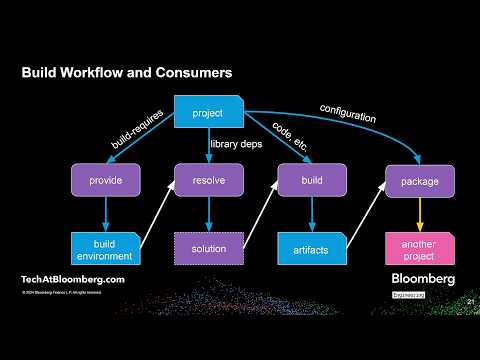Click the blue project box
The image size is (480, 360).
[x=208, y=113]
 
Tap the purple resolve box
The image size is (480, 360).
[x=208, y=181]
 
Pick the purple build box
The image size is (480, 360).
[x=311, y=181]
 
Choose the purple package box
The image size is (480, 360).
[x=413, y=181]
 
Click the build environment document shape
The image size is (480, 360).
[x=104, y=248]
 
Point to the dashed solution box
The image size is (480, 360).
[x=208, y=248]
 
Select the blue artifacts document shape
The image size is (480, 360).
[x=311, y=248]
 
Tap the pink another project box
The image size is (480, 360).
[x=413, y=248]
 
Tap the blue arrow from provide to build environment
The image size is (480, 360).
[x=104, y=214]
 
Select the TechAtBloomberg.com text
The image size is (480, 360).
[x=73, y=279]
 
